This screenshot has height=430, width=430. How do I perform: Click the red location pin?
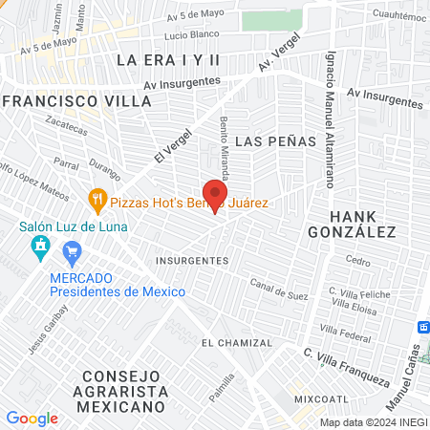pyautogui.click(x=213, y=194)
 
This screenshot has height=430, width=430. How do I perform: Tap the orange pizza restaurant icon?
pyautogui.click(x=97, y=201)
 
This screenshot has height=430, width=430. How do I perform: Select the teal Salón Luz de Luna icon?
pyautogui.click(x=40, y=248)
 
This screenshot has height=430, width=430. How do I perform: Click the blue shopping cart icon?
pyautogui.click(x=71, y=252)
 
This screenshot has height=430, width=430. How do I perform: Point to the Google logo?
pyautogui.click(x=32, y=419)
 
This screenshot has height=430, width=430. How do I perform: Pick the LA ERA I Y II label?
pyautogui.click(x=168, y=59)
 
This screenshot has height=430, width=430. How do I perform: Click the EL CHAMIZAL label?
pyautogui.click(x=236, y=342)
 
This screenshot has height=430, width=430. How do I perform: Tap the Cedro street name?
pyautogui.click(x=357, y=260)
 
